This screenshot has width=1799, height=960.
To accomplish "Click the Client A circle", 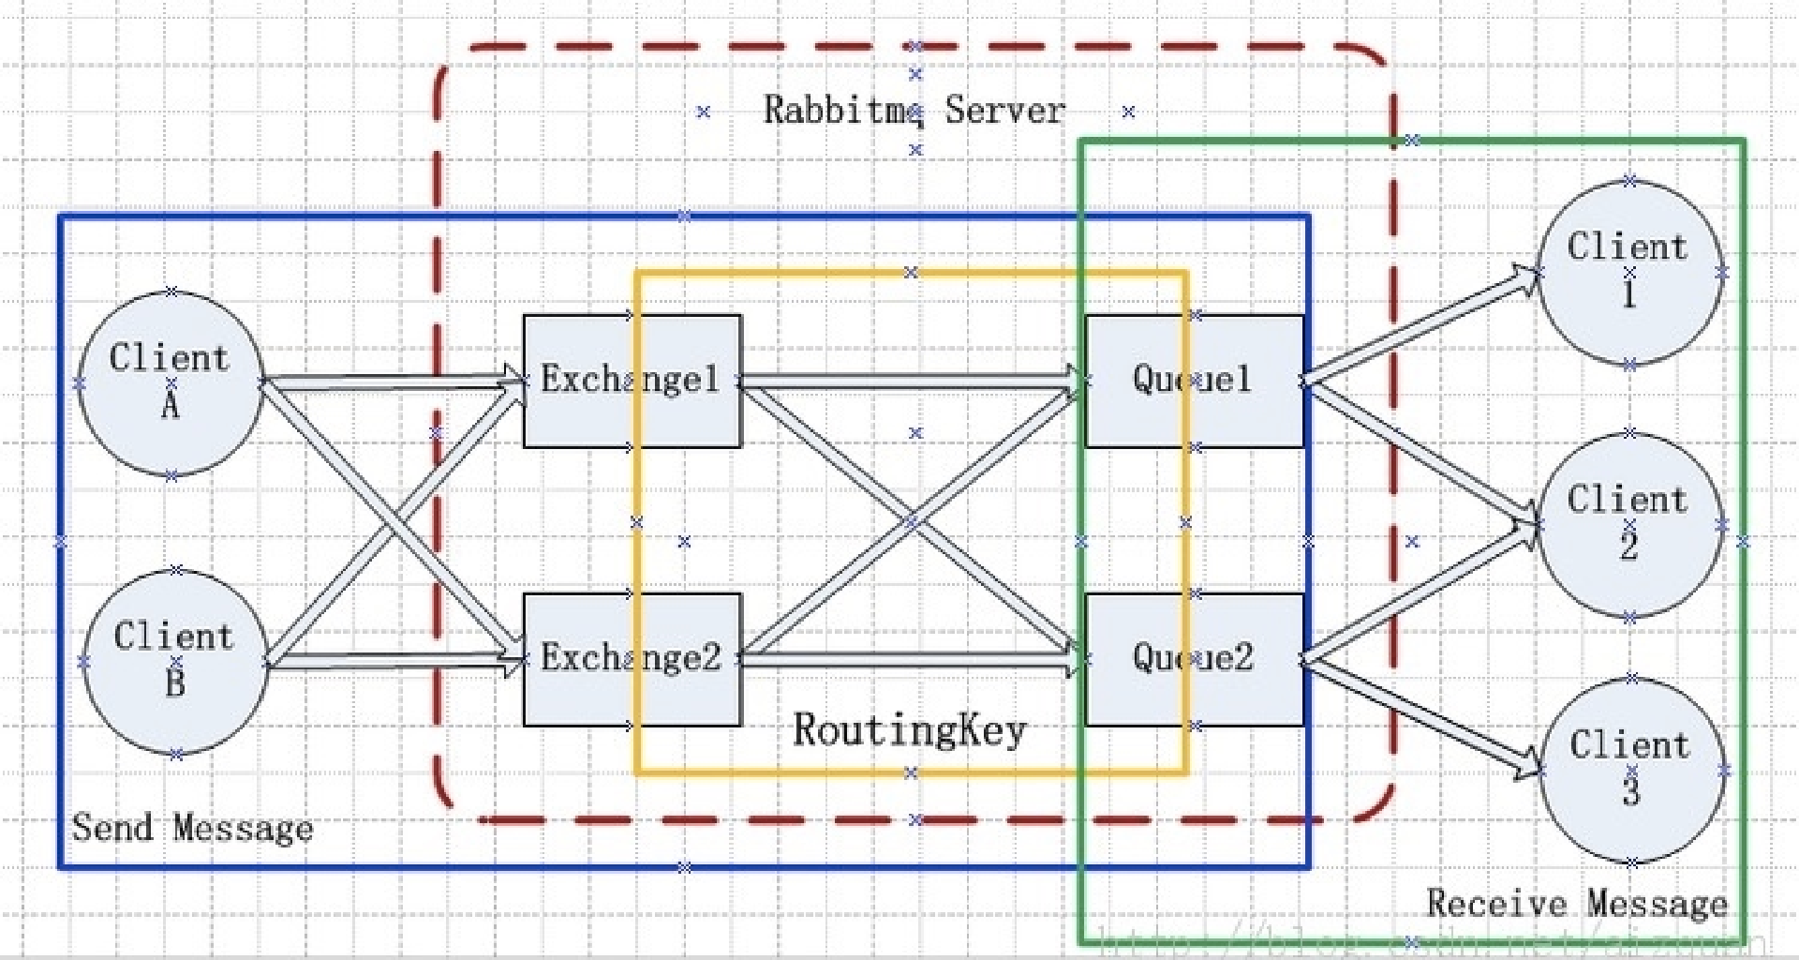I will pos(171,383).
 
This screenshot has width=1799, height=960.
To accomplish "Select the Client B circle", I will pos(175,662).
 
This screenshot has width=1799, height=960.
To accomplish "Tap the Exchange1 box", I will pos(632,381).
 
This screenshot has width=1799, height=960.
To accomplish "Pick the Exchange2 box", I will pos(632,659).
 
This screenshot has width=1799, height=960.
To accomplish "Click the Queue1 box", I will pos(1194,381).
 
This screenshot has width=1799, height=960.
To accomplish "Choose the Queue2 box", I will pos(1194,659).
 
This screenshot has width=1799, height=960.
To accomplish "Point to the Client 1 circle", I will pos(1629,272).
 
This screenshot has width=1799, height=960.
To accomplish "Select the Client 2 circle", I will pos(1629,525).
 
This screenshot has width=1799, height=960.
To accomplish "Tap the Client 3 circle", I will pos(1631,770).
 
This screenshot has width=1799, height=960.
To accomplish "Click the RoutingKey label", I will pos(909,730).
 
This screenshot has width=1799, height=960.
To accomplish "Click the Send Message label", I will pos(192,829).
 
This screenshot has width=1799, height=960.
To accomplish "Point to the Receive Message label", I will pos(1576,904).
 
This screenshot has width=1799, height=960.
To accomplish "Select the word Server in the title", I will pos(1004,111).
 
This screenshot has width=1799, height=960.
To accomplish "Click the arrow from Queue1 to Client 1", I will pos(1420,327).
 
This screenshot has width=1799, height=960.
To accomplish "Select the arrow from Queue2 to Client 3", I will pos(1420,716).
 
